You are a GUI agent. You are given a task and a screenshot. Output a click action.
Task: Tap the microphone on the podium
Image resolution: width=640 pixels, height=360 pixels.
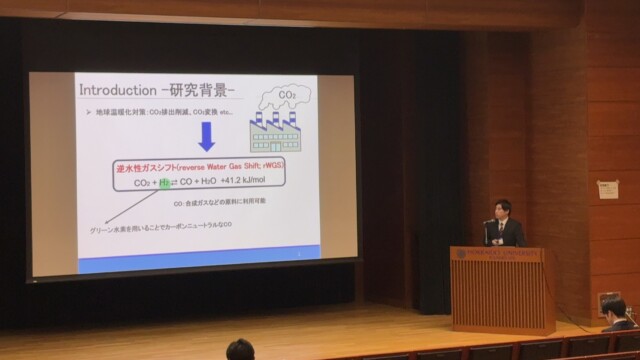point(487,229)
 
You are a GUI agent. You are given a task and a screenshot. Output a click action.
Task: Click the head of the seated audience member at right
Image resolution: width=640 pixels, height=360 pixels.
point(614,307)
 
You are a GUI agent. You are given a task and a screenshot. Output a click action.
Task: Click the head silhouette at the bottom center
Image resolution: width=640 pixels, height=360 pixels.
point(240,350)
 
